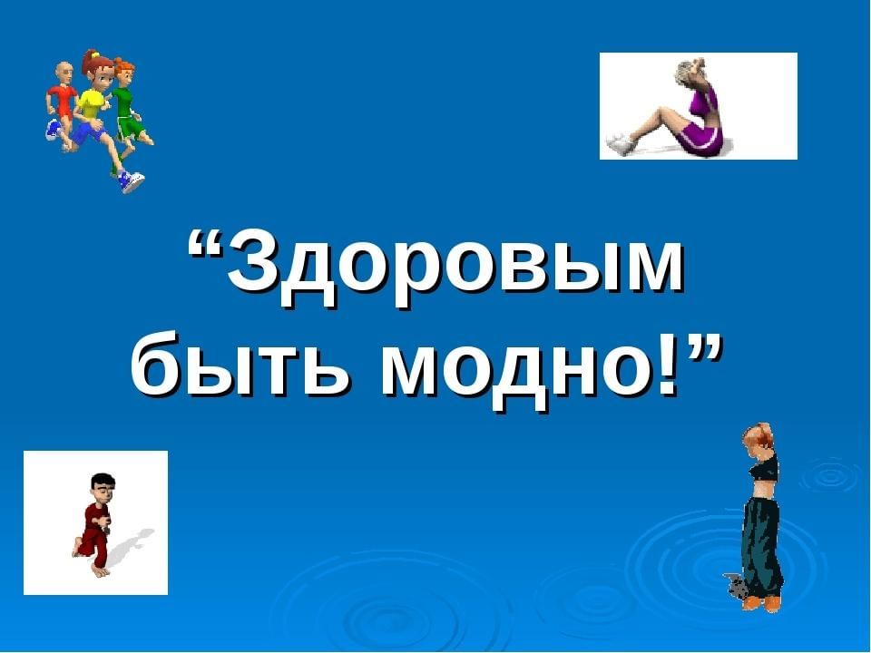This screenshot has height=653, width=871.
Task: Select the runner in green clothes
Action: tap(129, 105)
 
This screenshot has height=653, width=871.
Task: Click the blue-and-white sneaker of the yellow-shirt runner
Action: tap(132, 181)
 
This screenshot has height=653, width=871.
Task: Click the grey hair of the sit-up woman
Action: tap(684, 73)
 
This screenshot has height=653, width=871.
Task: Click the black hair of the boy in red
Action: tap(103, 481)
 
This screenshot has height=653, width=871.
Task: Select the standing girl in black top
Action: tap(758, 516)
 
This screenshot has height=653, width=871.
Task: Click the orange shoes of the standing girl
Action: tap(761, 602)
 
